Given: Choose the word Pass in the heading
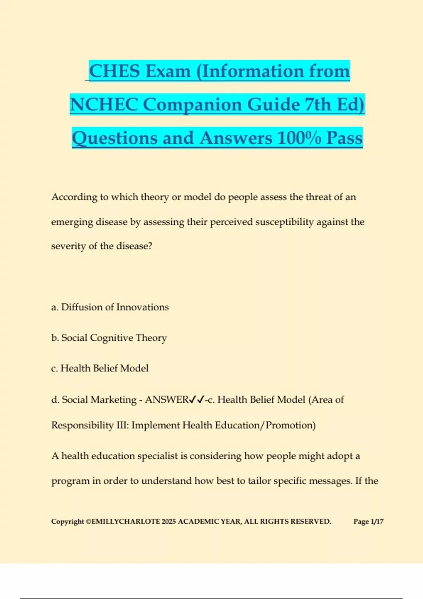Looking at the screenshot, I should click(x=344, y=138).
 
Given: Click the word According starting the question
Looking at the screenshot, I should click(x=74, y=197).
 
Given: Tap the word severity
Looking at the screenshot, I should click(x=68, y=246).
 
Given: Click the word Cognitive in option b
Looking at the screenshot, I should click(x=111, y=338).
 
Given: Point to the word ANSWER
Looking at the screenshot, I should click(x=167, y=400).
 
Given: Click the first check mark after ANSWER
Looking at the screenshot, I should click(x=192, y=399).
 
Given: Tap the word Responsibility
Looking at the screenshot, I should click(x=82, y=425).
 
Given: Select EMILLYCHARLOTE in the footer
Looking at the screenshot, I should click(x=125, y=521).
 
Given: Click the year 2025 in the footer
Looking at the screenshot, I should click(x=168, y=521).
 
